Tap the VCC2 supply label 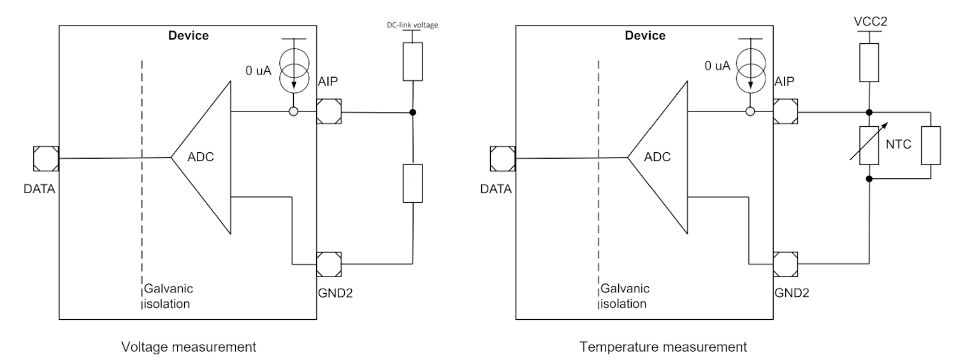click(869, 20)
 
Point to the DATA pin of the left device click(47, 157)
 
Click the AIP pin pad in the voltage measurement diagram click(329, 112)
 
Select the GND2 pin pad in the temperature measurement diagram click(785, 263)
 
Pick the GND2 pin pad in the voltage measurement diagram click(329, 263)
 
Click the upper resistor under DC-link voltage click(414, 62)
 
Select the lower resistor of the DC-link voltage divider click(414, 183)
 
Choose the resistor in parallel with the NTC click(931, 145)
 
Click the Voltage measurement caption click(189, 347)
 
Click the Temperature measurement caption click(663, 347)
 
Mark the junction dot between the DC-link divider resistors click(414, 113)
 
